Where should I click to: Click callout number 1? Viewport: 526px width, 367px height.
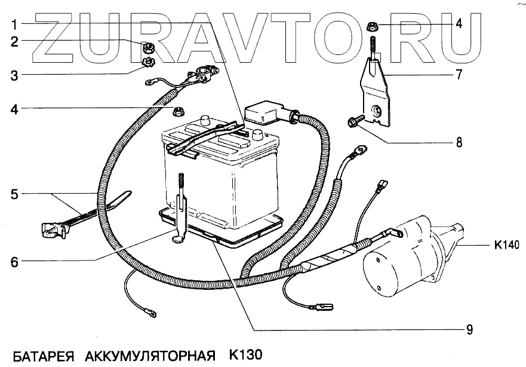(x=14, y=25)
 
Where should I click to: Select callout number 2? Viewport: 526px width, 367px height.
(x=14, y=41)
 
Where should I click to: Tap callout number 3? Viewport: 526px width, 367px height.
(x=14, y=75)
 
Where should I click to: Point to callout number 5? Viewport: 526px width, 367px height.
(x=14, y=194)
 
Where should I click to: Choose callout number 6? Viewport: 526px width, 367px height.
(x=14, y=261)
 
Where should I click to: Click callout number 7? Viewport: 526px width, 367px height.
(x=459, y=76)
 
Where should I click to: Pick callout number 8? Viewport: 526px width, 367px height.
(x=459, y=143)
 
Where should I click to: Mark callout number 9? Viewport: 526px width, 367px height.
(x=470, y=329)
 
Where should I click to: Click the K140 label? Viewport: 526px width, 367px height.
(x=507, y=244)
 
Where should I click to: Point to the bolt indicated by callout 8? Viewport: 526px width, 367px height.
(x=354, y=123)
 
